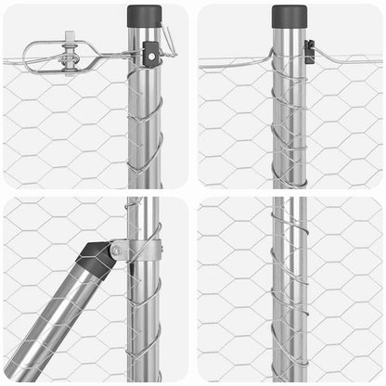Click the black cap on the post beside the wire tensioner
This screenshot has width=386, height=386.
click(x=144, y=16)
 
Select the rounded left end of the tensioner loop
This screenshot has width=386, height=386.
click(x=28, y=56)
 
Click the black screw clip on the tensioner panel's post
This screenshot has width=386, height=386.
click(x=150, y=57)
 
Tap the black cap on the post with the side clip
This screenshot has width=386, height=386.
click(x=289, y=16)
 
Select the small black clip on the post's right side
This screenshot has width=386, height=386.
click(x=310, y=52)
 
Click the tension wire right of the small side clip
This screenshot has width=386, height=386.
click(x=348, y=58)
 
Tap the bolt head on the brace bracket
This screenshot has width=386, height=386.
click(x=117, y=249)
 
